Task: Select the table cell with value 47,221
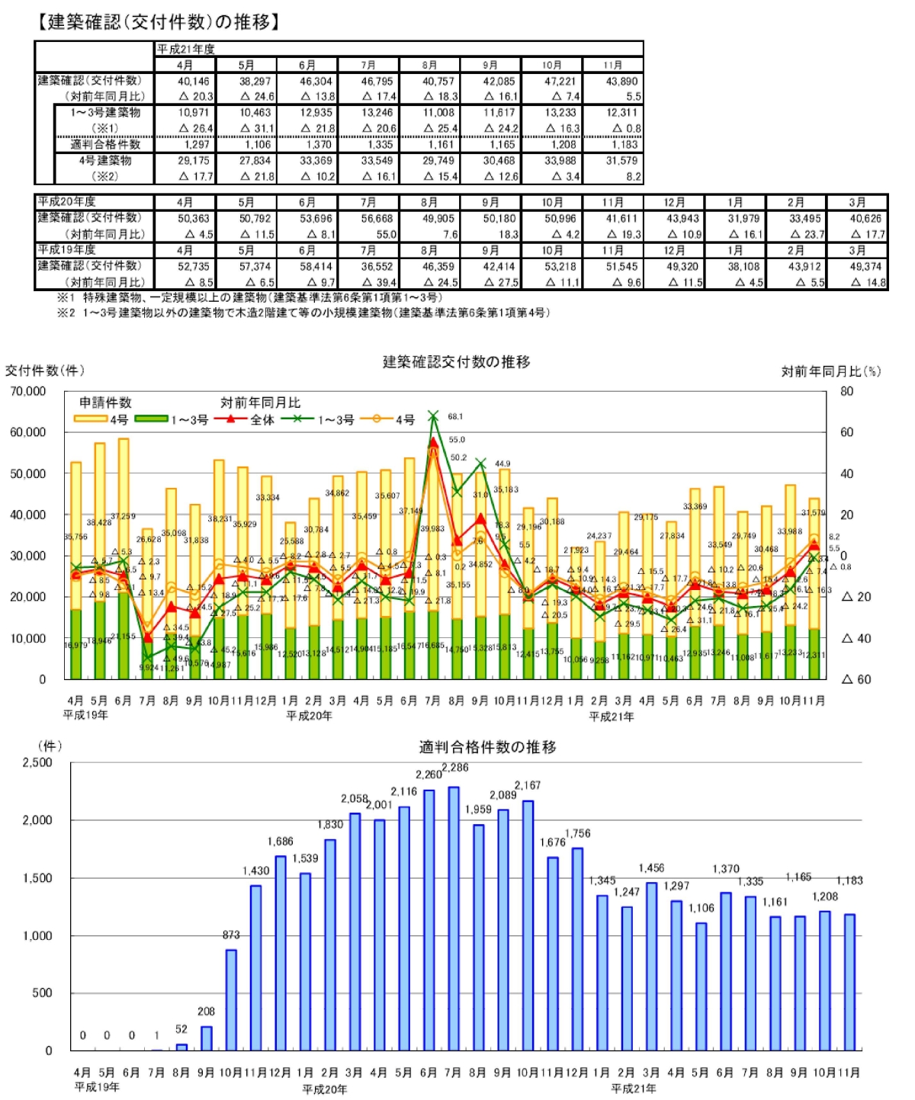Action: [x=560, y=81]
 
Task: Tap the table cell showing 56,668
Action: [x=377, y=219]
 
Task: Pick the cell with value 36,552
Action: [x=377, y=267]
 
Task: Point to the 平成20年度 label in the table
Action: [x=67, y=202]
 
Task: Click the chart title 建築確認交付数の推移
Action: [x=456, y=362]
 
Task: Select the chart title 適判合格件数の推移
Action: [x=487, y=747]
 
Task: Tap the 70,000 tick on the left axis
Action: [x=28, y=391]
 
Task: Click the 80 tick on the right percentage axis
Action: [x=846, y=391]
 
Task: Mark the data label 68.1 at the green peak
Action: [x=455, y=417]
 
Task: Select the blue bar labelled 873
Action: [x=231, y=999]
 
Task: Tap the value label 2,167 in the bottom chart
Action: [x=527, y=785]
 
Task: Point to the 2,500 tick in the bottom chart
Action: [x=37, y=762]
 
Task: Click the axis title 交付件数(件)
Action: [x=44, y=370]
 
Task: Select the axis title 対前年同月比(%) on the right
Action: [x=830, y=371]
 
